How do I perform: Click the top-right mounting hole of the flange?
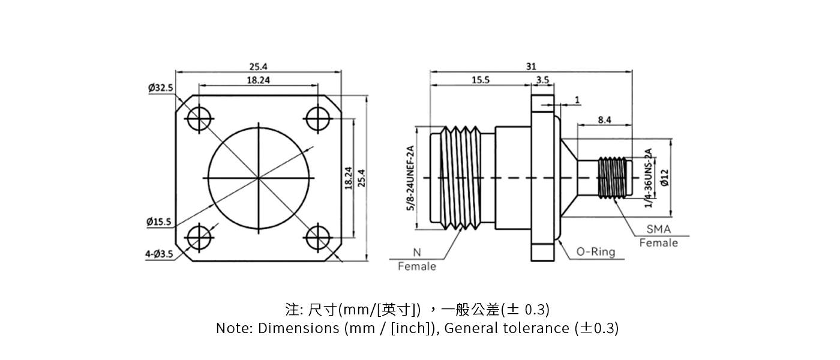318,119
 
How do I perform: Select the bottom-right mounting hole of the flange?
318,238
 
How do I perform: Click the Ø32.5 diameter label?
160,88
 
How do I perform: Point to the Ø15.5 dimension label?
159,222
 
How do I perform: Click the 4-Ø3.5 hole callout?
159,254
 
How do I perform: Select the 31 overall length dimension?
531,67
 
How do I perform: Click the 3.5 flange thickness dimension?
543,80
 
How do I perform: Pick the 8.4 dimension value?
604,120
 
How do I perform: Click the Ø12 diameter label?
664,178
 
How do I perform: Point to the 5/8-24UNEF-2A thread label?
411,178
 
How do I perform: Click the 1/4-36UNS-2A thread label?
648,178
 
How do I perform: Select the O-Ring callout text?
596,251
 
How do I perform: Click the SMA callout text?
659,230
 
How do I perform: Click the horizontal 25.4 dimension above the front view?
258,67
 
